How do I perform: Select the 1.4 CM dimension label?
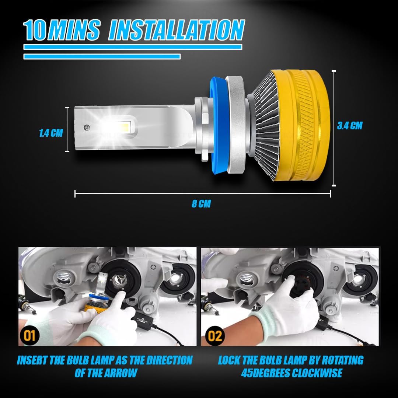[51, 133]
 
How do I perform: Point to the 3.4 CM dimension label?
[350, 126]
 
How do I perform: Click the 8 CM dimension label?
[201, 204]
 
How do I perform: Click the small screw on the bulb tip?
[87, 127]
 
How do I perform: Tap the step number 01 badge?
[30, 336]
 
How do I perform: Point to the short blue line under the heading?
[102, 56]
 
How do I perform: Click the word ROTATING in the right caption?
[339, 360]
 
